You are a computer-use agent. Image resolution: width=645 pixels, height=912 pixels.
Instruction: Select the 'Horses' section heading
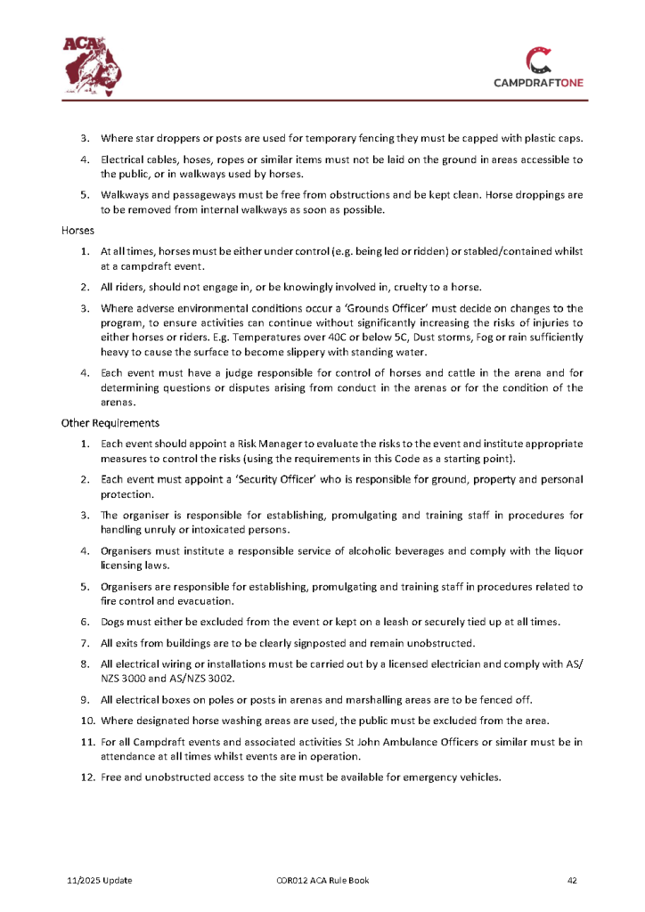click(x=78, y=231)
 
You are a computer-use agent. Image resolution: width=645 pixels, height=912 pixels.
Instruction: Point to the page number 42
click(x=573, y=881)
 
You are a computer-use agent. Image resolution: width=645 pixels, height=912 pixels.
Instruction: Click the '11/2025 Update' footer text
click(x=100, y=881)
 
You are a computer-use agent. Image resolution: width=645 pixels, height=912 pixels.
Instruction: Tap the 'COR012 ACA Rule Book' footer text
click(x=322, y=881)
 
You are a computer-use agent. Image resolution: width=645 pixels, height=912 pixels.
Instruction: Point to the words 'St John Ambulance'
click(x=388, y=740)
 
